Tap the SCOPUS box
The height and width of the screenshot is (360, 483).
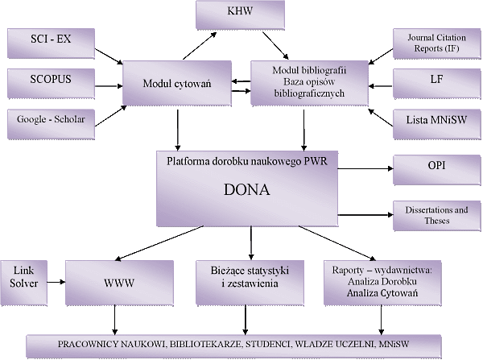pyautogui.click(x=50, y=81)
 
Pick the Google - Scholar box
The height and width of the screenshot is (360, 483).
pyautogui.click(x=50, y=118)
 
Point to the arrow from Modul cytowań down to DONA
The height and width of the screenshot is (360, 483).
pyautogui.click(x=180, y=129)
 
